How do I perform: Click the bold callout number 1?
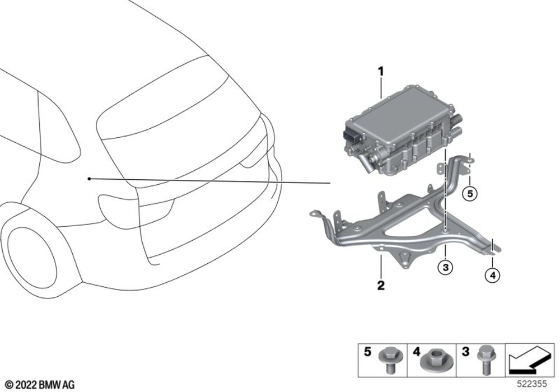381,72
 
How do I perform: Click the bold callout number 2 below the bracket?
381,285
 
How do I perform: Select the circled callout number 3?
445,267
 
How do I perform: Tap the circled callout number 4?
492,276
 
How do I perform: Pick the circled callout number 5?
470,194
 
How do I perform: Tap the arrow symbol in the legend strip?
530,361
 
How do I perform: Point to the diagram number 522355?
532,384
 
